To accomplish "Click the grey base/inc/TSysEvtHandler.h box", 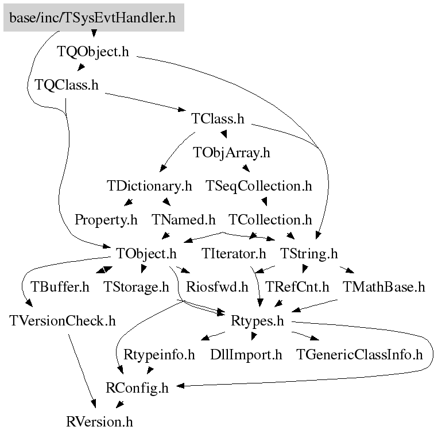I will [x=93, y=18].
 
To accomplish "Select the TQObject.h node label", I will [x=93, y=52].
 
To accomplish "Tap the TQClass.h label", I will [x=67, y=85].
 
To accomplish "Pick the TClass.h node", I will [x=218, y=119].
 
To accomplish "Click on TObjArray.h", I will [x=231, y=153].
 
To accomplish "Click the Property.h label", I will [x=106, y=220].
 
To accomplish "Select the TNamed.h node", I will [x=183, y=220].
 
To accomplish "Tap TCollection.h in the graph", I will [x=270, y=220].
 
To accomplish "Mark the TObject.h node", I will [x=146, y=253].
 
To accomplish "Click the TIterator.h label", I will [x=234, y=253].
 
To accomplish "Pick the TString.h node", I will [x=309, y=253].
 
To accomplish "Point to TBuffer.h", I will [x=60, y=287].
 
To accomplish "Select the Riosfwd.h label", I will [x=218, y=287].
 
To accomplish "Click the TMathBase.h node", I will [x=384, y=287].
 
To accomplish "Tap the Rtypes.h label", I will [x=257, y=321].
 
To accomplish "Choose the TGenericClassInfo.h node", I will [x=359, y=355].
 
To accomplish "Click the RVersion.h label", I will [x=99, y=422].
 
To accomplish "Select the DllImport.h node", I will [x=246, y=355].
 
